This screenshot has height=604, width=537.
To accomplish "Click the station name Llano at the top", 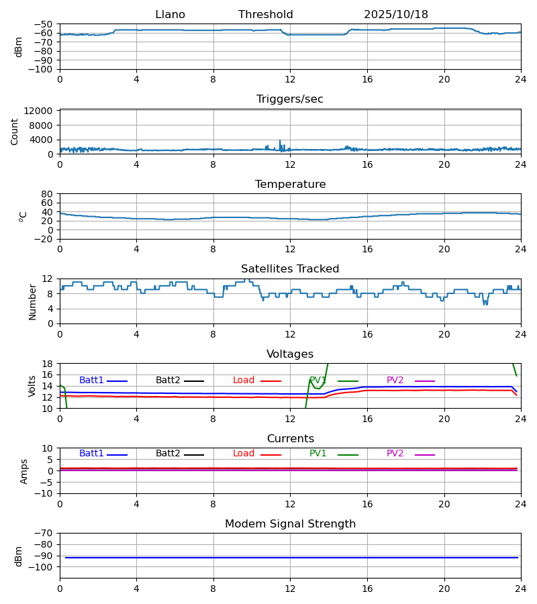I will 170,15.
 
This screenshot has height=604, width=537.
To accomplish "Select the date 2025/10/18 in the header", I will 396,15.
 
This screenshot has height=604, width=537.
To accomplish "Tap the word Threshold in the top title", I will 265,15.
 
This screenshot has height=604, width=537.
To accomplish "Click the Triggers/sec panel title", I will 290,99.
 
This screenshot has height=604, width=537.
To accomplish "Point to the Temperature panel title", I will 290,185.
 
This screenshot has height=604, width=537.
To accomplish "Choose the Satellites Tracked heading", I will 290,269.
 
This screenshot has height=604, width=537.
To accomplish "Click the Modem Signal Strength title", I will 290,524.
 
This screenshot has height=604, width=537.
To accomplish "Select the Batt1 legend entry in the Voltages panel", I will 92,381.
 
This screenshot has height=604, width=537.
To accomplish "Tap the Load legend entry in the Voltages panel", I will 244,381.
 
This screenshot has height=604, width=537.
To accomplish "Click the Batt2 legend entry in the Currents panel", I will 168,454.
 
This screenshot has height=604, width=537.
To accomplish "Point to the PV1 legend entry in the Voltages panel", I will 318,381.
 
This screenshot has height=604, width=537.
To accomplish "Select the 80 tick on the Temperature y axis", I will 47,194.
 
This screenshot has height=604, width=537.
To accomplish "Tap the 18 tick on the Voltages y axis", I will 47,364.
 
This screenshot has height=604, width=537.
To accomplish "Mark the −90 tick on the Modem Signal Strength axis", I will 44,556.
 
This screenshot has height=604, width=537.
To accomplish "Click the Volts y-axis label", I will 32,386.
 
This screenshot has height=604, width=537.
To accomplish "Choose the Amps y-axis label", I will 25,471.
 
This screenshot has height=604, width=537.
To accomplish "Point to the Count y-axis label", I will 15,132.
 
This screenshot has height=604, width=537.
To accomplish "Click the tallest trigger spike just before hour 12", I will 280,142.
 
